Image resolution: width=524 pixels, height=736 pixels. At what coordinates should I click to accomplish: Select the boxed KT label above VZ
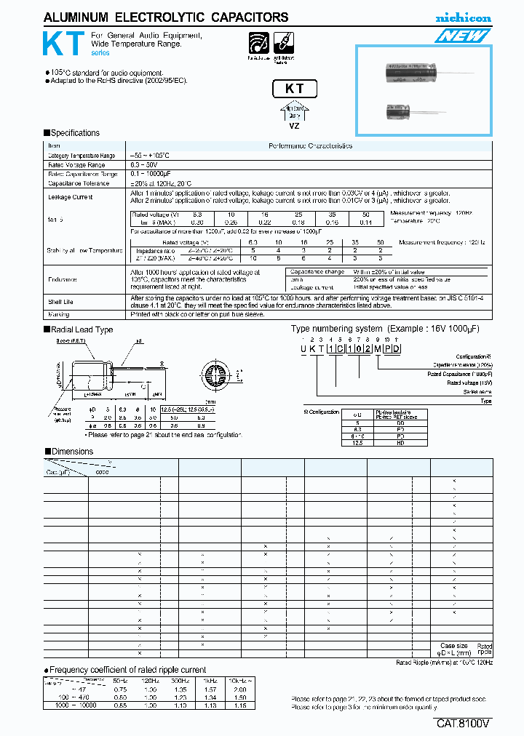coord(294,89)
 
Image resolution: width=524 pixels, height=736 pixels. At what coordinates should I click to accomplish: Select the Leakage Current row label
coord(70,197)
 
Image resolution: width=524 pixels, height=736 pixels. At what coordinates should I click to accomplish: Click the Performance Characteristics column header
coord(310,145)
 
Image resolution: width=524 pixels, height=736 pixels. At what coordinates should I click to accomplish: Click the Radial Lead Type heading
coord(82,329)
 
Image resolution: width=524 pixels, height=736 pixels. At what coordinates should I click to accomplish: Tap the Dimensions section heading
coord(72,451)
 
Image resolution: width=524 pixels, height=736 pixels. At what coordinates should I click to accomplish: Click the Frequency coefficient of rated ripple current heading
coord(128,669)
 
